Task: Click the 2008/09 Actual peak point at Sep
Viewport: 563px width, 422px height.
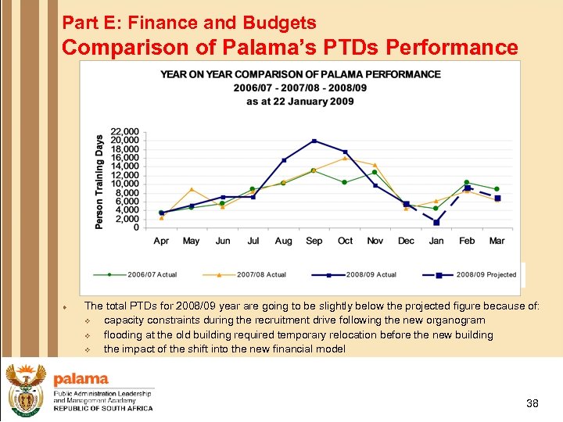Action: tap(314, 141)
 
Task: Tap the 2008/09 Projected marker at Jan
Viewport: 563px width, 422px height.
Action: tap(436, 223)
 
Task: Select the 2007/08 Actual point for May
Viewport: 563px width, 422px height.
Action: tap(192, 189)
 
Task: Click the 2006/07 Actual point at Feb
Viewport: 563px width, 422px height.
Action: tap(467, 182)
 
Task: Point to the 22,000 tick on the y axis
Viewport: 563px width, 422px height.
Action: tap(125, 131)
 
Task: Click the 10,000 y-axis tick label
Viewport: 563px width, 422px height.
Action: tap(125, 184)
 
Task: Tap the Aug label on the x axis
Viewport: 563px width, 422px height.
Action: tap(284, 241)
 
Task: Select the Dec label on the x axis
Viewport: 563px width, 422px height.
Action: tap(406, 241)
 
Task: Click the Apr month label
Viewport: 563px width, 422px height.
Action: tap(161, 241)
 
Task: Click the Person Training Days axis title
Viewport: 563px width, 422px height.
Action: tap(99, 182)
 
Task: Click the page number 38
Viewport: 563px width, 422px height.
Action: tap(533, 403)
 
